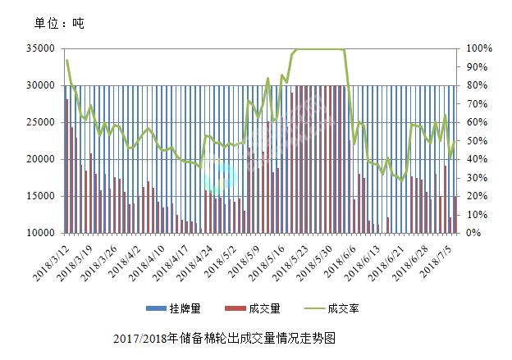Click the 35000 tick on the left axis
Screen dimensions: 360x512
[x=42, y=48]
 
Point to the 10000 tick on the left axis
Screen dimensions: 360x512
[x=42, y=233]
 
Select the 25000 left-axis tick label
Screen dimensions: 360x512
[x=42, y=122]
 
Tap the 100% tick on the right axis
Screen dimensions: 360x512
[x=480, y=48]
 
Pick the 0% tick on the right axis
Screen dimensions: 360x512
[x=474, y=233]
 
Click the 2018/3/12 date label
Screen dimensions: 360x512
[x=51, y=256]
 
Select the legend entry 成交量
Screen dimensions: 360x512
[x=264, y=308]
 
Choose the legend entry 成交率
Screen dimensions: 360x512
[x=344, y=308]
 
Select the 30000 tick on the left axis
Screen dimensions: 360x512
[x=42, y=85]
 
